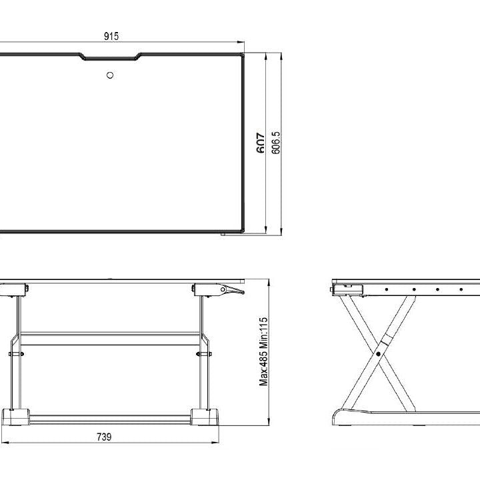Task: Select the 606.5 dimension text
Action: [x=276, y=142]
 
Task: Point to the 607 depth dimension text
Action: [x=261, y=142]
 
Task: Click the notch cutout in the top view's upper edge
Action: [x=111, y=57]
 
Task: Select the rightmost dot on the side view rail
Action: [x=459, y=289]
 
